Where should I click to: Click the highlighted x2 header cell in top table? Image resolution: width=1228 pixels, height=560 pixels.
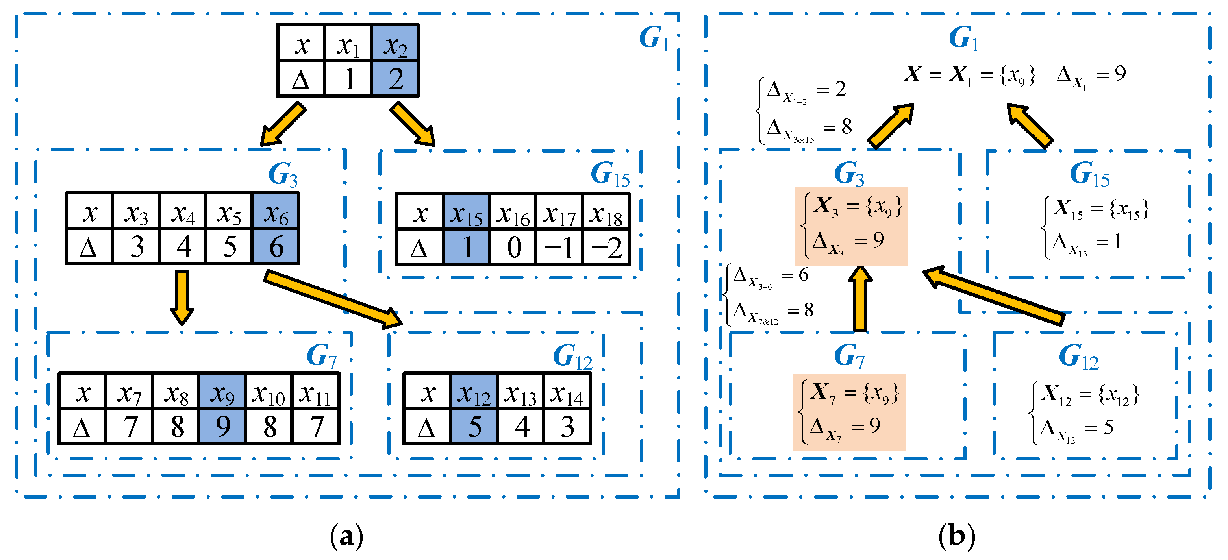pyautogui.click(x=395, y=43)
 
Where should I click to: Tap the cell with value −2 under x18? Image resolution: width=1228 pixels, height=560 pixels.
pyautogui.click(x=606, y=247)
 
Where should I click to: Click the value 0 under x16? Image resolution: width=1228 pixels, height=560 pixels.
pyautogui.click(x=513, y=247)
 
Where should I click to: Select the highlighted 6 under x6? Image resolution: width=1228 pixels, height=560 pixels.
pyautogui.click(x=276, y=246)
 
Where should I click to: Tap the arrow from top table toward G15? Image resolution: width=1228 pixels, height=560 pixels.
pyautogui.click(x=413, y=124)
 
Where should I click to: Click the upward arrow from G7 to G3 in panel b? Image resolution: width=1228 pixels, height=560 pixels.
pyautogui.click(x=860, y=298)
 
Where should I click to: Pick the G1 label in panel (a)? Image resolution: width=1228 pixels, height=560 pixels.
pyautogui.click(x=654, y=38)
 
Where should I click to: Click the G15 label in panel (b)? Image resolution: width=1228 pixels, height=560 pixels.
pyautogui.click(x=1089, y=174)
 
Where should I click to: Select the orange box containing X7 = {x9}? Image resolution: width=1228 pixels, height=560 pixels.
pyautogui.click(x=849, y=412)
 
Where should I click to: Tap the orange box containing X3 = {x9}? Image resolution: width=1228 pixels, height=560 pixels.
pyautogui.click(x=851, y=226)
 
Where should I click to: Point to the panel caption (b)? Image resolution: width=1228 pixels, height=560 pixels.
pyautogui.click(x=956, y=536)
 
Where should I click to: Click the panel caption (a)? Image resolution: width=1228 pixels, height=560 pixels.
pyautogui.click(x=346, y=536)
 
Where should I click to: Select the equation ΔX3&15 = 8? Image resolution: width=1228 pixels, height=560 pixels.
pyautogui.click(x=809, y=129)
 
